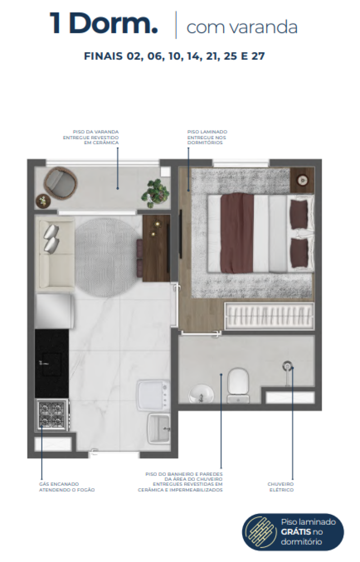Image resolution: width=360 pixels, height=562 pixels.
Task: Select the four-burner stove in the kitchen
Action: [x=51, y=414]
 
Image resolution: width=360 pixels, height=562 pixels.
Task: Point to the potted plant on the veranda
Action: [x=156, y=192]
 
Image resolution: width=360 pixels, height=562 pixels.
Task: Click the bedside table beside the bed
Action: [x=302, y=180]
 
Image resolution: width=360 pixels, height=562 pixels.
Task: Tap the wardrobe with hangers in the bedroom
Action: [x=269, y=316]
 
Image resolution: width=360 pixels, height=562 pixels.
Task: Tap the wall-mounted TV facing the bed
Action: [x=180, y=234]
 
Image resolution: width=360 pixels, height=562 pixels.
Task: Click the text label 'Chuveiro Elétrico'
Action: [x=280, y=487]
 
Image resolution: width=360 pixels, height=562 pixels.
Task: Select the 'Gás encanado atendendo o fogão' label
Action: [x=67, y=487]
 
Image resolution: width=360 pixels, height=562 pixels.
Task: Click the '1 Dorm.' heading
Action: [x=104, y=24]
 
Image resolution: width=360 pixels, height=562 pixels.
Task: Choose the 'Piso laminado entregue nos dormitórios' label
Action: [x=207, y=137]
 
